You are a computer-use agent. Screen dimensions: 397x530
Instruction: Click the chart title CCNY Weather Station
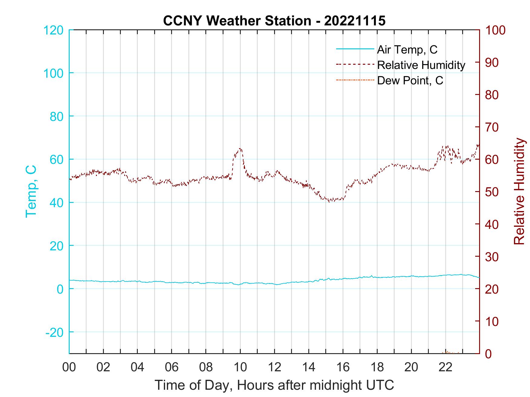tap(274, 21)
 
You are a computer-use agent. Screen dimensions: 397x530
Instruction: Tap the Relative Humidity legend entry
tap(421, 65)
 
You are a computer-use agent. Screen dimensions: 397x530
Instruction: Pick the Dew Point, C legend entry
tap(410, 80)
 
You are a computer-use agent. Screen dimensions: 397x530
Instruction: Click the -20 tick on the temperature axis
tap(55, 332)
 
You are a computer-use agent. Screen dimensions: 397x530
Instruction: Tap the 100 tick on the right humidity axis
tap(495, 30)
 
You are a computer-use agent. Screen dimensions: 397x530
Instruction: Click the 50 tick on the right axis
tap(492, 192)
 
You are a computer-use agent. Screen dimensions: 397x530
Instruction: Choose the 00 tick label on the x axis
tap(69, 367)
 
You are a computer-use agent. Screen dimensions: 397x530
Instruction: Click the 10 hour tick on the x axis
tap(240, 367)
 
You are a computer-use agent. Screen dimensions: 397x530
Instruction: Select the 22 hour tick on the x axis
tap(446, 367)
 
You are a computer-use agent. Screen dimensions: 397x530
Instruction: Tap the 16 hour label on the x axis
tap(343, 367)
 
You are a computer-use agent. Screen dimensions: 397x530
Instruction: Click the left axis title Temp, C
tap(31, 191)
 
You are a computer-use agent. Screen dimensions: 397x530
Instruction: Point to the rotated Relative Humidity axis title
tap(519, 191)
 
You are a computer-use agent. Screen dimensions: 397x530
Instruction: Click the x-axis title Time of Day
tap(274, 385)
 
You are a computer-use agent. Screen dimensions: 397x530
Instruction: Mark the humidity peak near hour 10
tap(240, 148)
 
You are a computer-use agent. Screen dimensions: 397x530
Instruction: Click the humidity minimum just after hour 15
tap(329, 202)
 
